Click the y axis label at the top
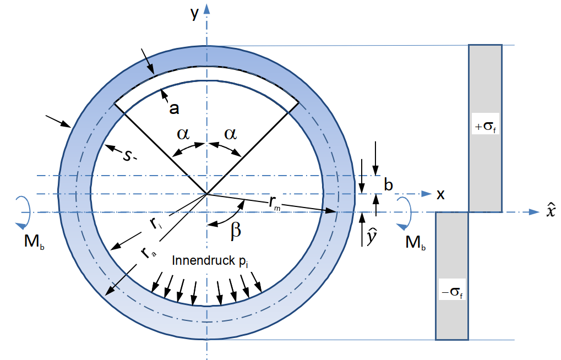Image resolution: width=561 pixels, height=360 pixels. (x=194, y=13)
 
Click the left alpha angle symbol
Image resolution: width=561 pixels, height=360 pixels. (x=183, y=134)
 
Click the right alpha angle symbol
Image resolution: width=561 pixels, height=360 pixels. (x=230, y=134)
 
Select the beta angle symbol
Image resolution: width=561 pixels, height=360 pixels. (x=235, y=230)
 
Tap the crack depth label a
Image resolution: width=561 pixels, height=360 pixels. (x=174, y=108)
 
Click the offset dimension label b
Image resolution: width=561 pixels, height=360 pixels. (x=388, y=186)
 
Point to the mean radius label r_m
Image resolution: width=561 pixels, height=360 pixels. (x=276, y=203)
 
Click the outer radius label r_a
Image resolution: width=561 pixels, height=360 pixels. (x=145, y=253)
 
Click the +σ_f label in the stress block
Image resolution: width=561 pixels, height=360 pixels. (x=485, y=126)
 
